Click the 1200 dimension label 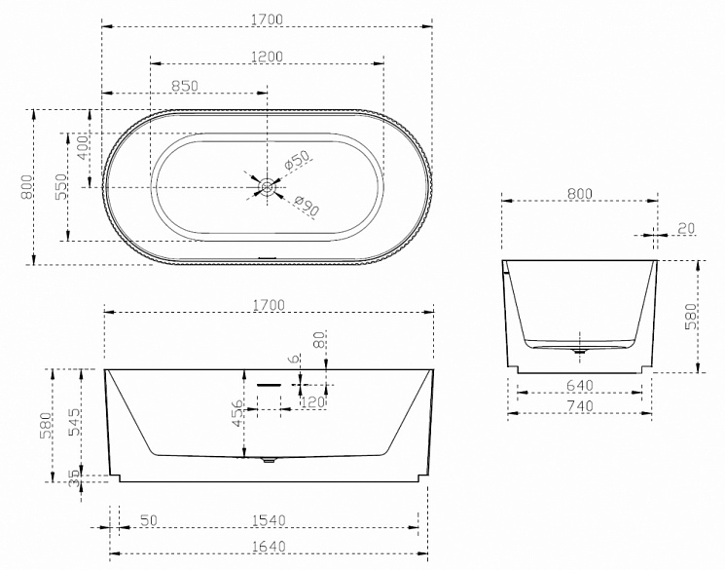[267, 57]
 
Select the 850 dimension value [185, 86]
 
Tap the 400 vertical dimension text [84, 147]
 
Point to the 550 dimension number [61, 187]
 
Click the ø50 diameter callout [297, 160]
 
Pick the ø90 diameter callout [307, 206]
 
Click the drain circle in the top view [267, 187]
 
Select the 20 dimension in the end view [686, 228]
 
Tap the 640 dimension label [579, 385]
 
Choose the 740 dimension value [579, 405]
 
